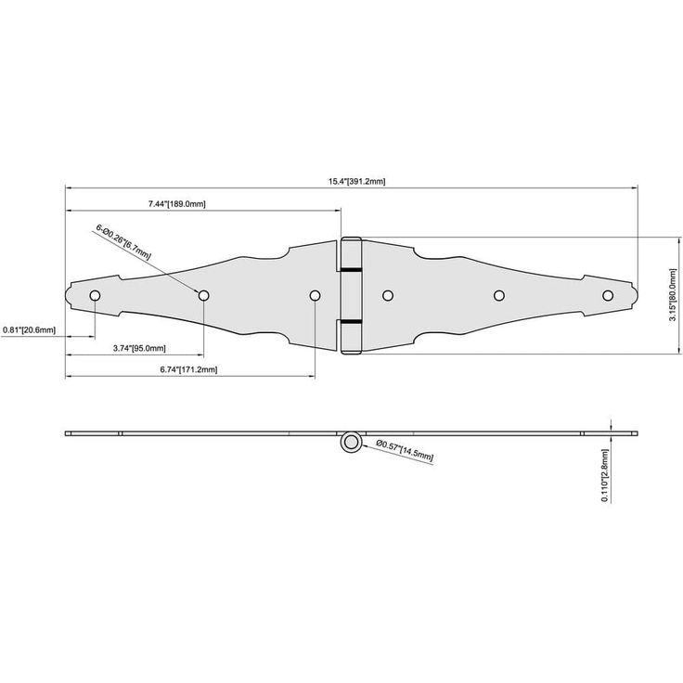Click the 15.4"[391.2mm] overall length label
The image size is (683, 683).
coord(356,182)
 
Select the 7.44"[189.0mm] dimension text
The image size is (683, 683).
coord(177,204)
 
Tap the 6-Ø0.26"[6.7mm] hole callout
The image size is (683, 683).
coord(123,242)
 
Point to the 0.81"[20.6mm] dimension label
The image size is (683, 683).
coord(29,330)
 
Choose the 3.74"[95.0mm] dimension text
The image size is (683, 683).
coord(139,348)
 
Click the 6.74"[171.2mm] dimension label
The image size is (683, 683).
coord(188,370)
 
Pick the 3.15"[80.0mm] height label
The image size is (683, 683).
coord(673,295)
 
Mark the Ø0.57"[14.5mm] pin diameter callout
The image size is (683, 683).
coord(406,450)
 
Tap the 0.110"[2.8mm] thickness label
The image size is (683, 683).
coord(605,476)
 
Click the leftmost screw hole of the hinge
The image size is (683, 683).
coord(95,296)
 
